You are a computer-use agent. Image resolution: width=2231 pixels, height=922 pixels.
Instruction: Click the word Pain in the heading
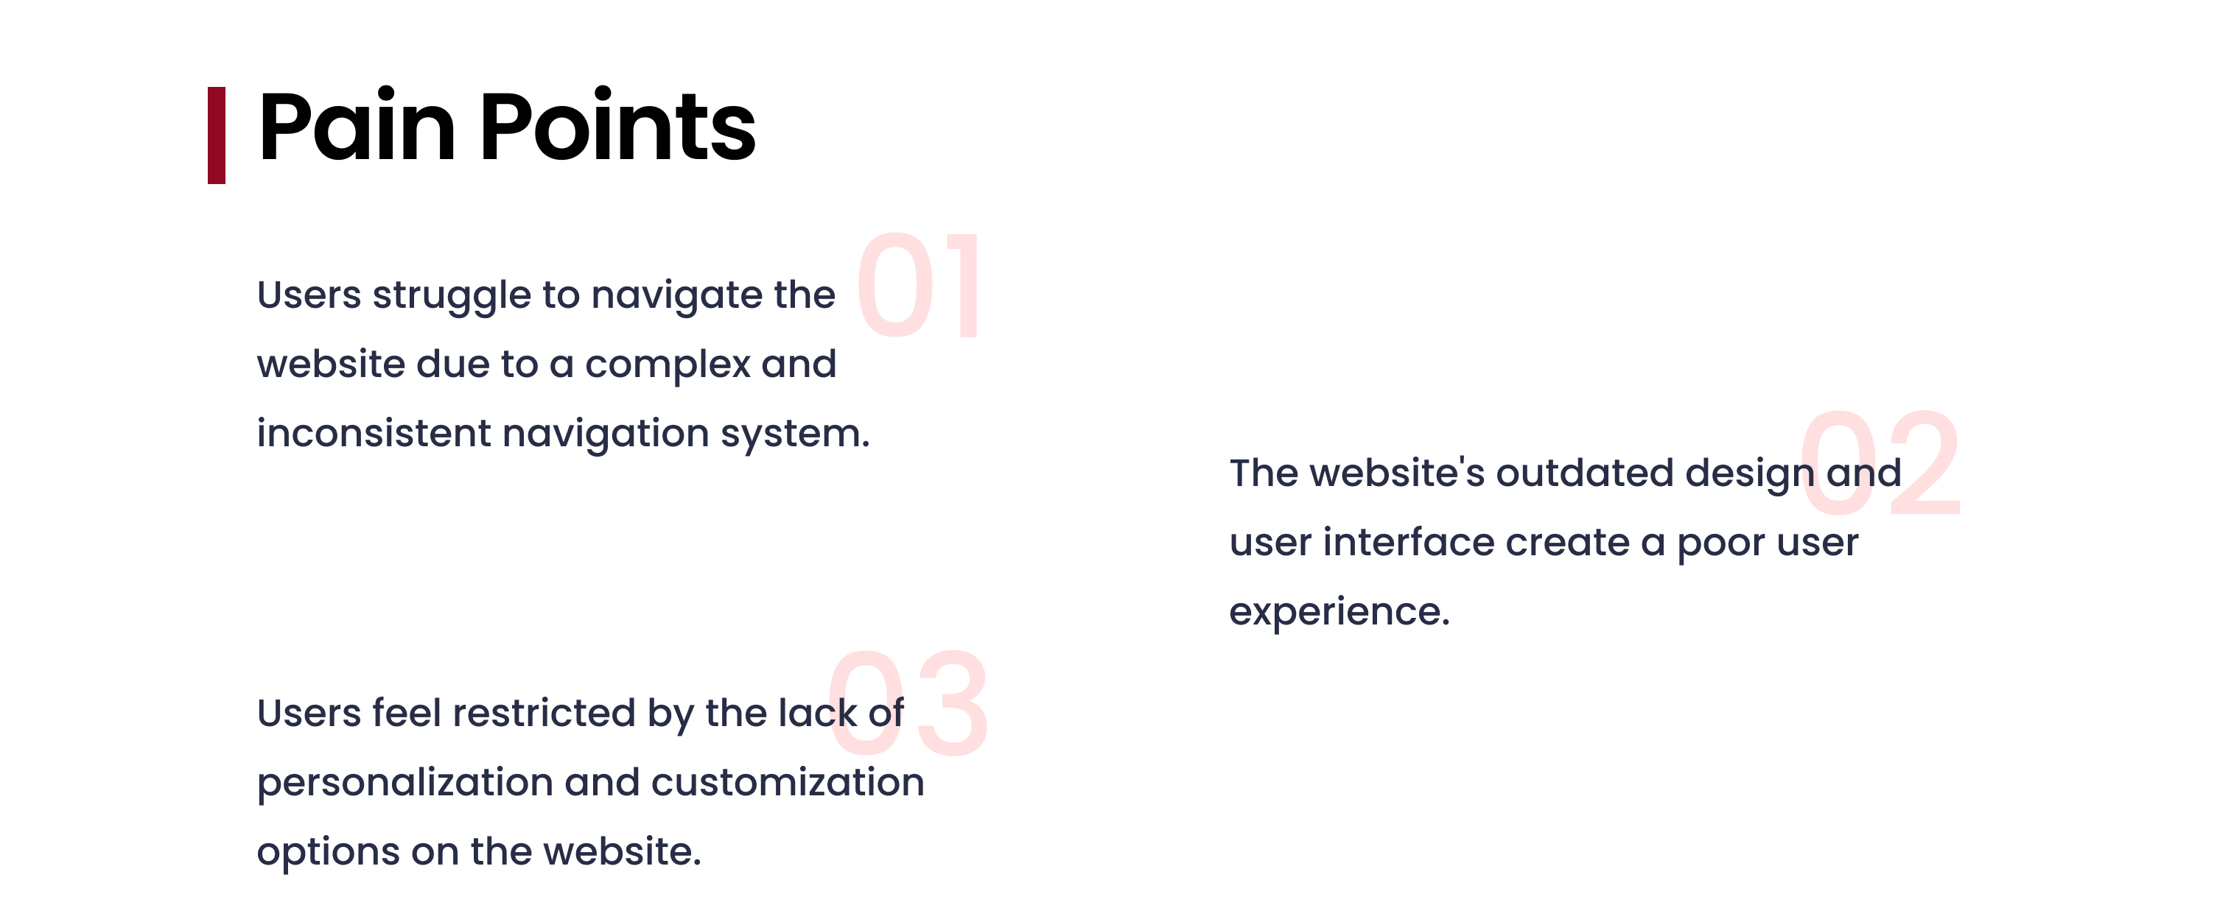357,127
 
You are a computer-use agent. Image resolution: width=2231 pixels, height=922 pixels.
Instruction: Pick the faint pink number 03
908,703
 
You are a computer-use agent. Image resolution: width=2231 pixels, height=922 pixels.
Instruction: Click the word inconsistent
374,433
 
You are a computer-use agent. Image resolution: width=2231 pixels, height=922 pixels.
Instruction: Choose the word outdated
1585,473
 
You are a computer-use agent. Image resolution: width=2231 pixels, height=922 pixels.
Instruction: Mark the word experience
1339,613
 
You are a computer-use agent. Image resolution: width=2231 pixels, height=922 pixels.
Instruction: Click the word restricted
544,714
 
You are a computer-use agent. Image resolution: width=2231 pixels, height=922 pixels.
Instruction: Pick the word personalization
405,784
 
